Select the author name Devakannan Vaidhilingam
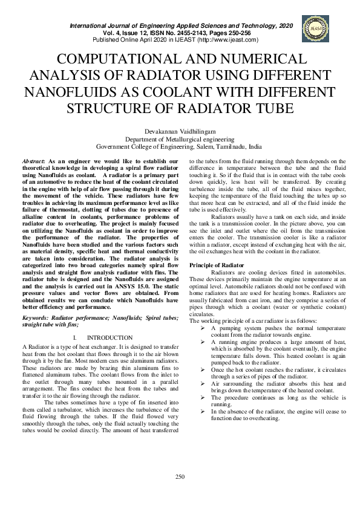click(x=180, y=131)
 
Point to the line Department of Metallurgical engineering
click(x=180, y=138)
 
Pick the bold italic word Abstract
click(x=34, y=161)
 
